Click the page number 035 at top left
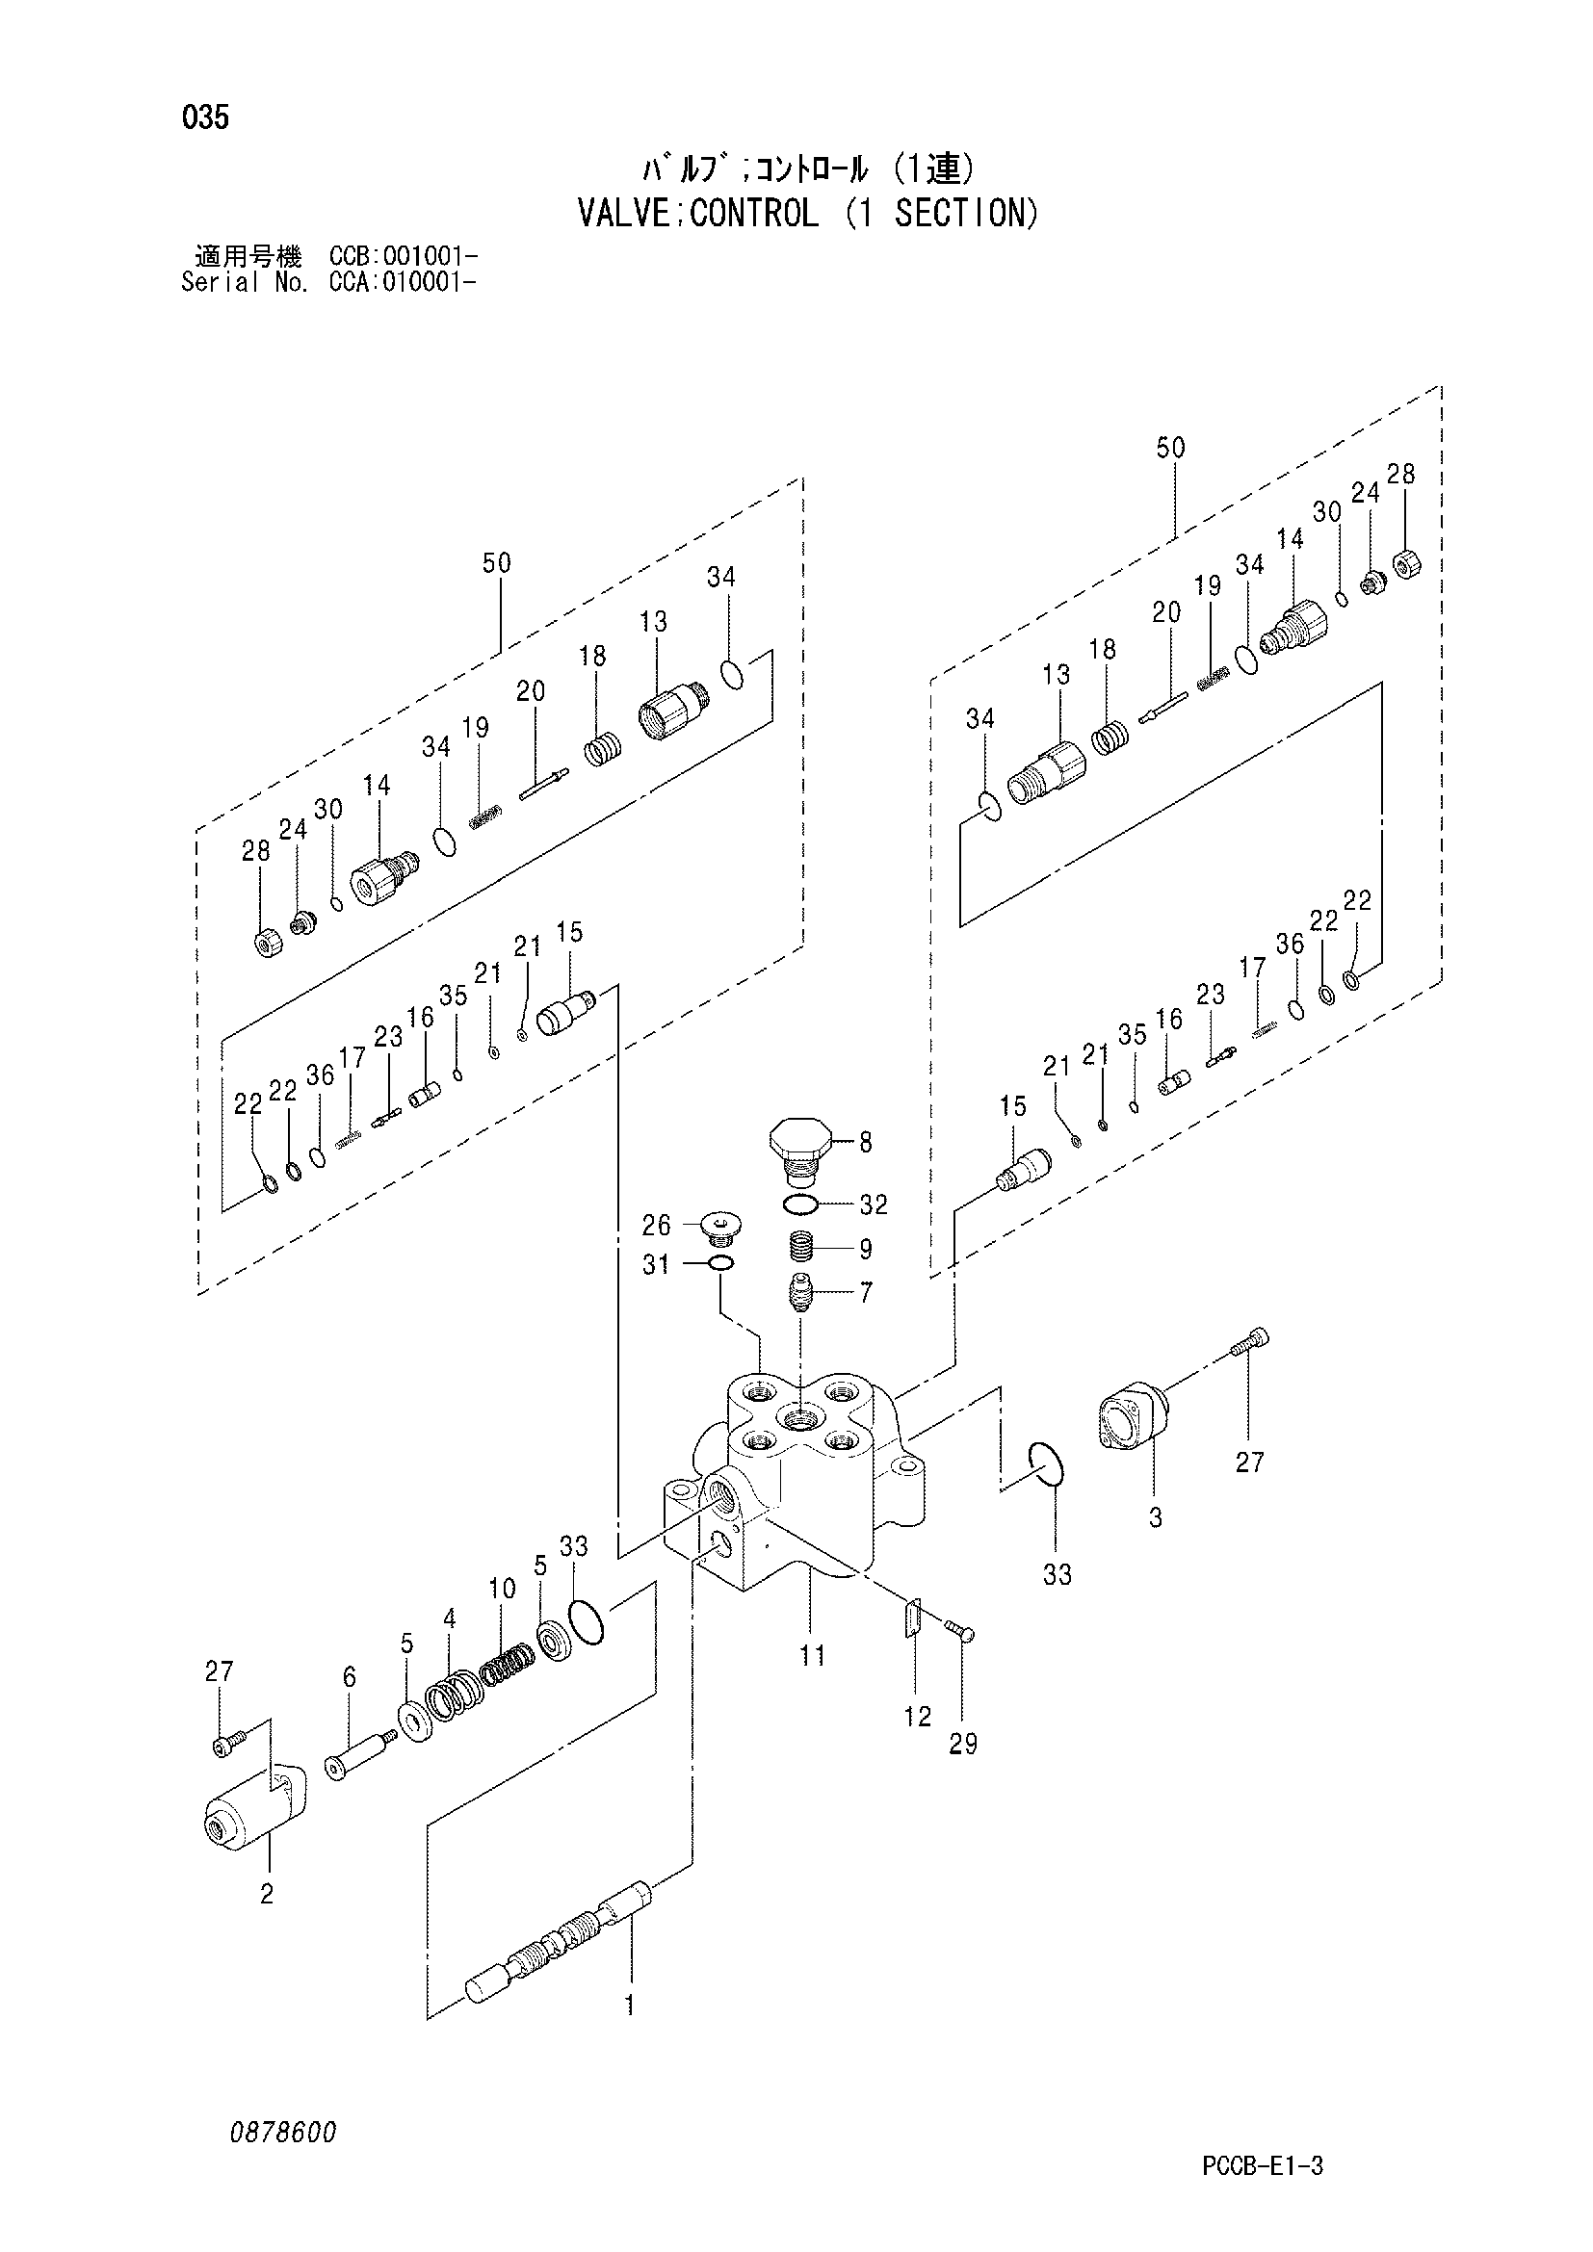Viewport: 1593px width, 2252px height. [x=205, y=117]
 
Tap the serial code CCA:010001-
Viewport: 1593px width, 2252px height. [x=405, y=282]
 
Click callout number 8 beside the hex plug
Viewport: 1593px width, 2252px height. [x=864, y=1142]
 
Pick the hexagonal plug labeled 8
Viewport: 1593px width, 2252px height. [x=799, y=1148]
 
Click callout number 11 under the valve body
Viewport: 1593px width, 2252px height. [x=812, y=1657]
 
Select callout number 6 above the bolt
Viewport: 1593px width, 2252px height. [x=350, y=1677]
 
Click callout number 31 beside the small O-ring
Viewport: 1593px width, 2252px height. [x=656, y=1265]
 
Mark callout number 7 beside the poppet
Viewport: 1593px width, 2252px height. [x=865, y=1293]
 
